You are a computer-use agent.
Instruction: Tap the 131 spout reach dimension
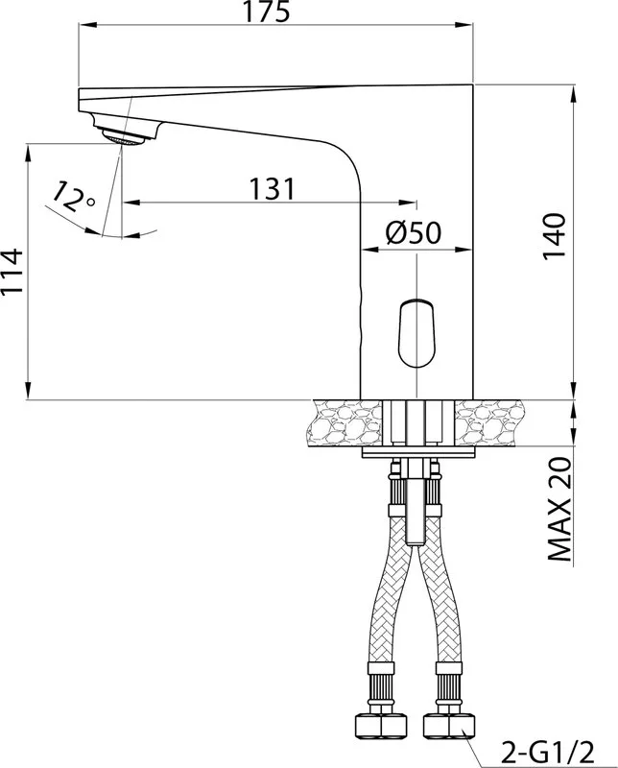[x=273, y=188]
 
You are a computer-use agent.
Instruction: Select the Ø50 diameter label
[x=414, y=232]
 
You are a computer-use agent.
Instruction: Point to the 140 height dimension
[x=555, y=237]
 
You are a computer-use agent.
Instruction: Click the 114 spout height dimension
[x=12, y=272]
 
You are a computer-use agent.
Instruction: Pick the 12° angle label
[x=73, y=196]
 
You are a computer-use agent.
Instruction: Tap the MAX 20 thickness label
[x=559, y=510]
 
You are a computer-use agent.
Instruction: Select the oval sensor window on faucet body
[x=416, y=332]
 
